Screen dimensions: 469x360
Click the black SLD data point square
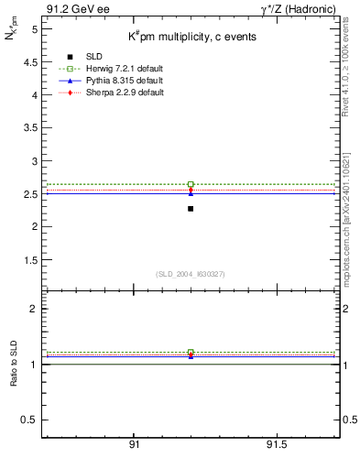coord(191,209)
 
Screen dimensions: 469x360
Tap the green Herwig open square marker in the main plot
coord(191,184)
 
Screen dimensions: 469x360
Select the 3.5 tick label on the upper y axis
coord(29,127)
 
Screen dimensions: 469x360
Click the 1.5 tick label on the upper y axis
coord(29,259)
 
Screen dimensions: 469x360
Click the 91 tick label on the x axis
coord(134,444)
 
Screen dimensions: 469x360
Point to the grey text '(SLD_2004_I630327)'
coord(190,273)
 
